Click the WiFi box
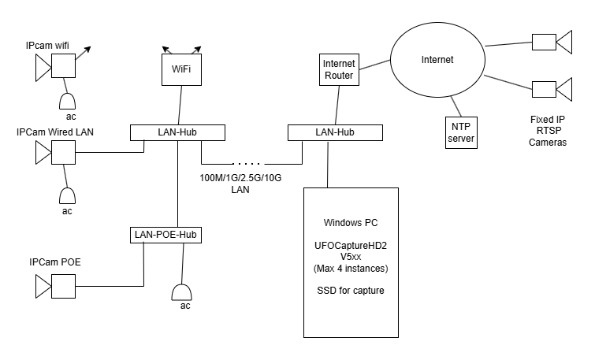coord(181,69)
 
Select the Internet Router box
coord(340,69)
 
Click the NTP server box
coord(462,132)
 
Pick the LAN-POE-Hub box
coord(165,234)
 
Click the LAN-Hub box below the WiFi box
coord(177,132)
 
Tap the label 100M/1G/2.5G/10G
coord(240,178)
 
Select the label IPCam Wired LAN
coord(55,131)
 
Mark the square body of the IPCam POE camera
coord(62,286)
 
